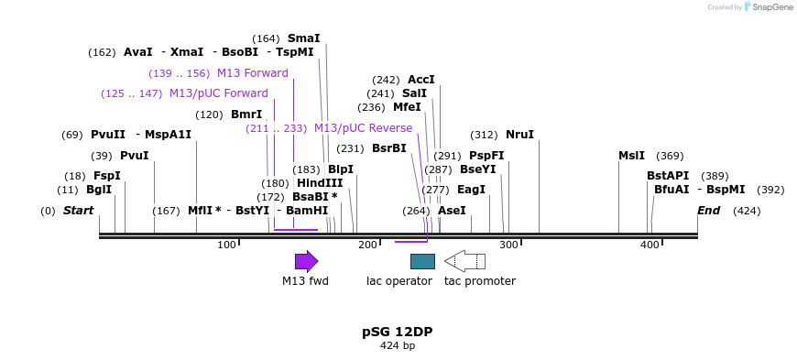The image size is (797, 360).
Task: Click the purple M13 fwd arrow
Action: [306, 261]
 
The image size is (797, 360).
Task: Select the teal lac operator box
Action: [422, 261]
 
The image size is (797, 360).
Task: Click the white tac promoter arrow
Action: [464, 261]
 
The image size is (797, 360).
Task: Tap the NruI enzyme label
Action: [519, 135]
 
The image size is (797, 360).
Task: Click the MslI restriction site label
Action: [631, 156]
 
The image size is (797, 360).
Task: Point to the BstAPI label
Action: [668, 176]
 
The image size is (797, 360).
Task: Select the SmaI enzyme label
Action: [303, 38]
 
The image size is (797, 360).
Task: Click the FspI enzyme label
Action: [106, 176]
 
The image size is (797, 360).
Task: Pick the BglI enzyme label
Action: [98, 190]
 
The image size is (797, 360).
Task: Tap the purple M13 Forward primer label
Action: [252, 73]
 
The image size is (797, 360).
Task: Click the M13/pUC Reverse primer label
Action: [363, 128]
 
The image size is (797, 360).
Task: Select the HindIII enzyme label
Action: [320, 183]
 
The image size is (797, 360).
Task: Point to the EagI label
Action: [471, 190]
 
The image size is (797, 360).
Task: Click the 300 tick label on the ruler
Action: [509, 245]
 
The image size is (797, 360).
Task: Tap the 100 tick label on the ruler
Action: [226, 245]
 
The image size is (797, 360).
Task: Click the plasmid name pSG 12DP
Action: [398, 332]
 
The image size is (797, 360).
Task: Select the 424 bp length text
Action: [398, 345]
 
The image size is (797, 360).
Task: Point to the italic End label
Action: [708, 211]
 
